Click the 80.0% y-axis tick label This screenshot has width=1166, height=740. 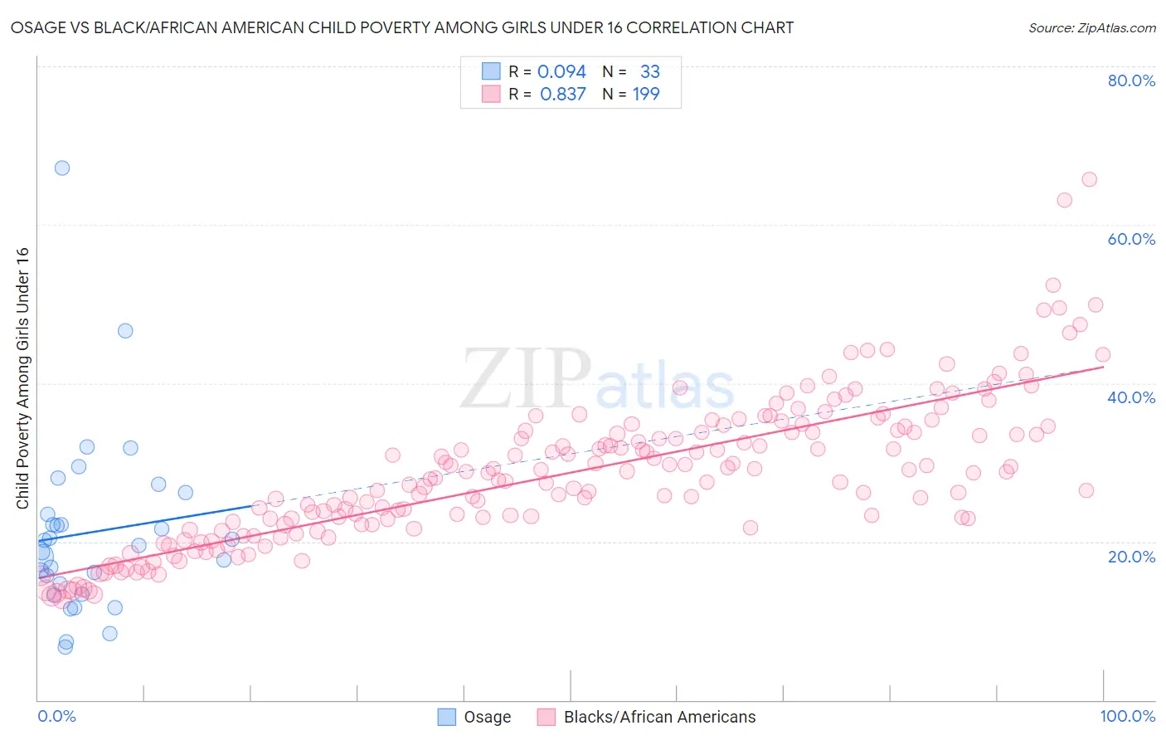[x=1130, y=80]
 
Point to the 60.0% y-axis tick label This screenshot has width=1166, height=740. [x=1130, y=239]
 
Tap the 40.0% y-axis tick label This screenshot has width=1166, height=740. [x=1130, y=397]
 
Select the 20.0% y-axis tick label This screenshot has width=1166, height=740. [x=1130, y=557]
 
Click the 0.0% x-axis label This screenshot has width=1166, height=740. [x=56, y=716]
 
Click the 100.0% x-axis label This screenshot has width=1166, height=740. [x=1127, y=716]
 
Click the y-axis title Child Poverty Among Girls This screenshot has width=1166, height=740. [x=22, y=378]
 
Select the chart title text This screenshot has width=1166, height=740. [x=402, y=27]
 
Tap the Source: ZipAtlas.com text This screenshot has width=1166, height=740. [x=1091, y=27]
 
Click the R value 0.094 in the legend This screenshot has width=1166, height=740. [x=561, y=72]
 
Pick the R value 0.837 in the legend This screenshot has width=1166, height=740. [x=562, y=95]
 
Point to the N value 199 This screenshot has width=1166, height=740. [x=646, y=95]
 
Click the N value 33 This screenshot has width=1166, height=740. [x=649, y=72]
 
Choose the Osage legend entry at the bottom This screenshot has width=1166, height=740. [x=487, y=717]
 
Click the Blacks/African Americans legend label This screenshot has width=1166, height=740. [x=659, y=717]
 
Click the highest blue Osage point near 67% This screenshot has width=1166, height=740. [x=62, y=168]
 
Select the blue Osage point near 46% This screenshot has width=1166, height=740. [x=125, y=331]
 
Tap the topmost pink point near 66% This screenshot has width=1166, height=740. [x=1089, y=180]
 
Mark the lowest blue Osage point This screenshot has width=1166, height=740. [x=65, y=647]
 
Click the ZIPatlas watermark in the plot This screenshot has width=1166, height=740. [x=597, y=380]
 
